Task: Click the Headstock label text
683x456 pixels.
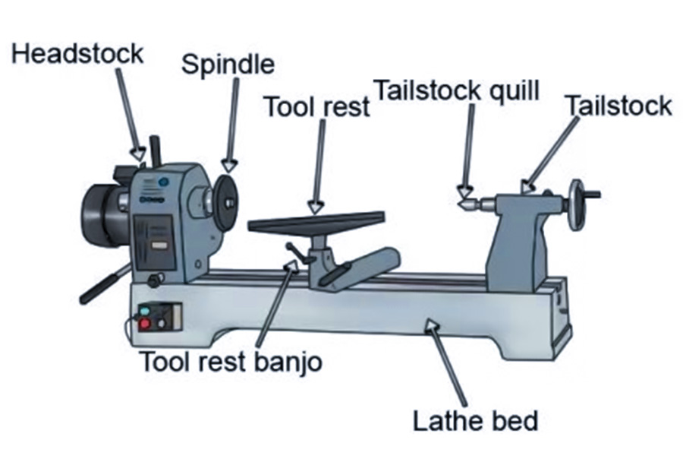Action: tap(77, 54)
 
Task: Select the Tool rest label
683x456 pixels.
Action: tap(316, 107)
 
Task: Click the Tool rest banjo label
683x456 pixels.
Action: tap(230, 361)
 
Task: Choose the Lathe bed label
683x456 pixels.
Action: tap(474, 419)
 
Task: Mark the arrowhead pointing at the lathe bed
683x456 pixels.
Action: tap(433, 326)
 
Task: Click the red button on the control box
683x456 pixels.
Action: tap(145, 325)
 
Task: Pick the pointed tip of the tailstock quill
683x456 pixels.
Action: tap(460, 203)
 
